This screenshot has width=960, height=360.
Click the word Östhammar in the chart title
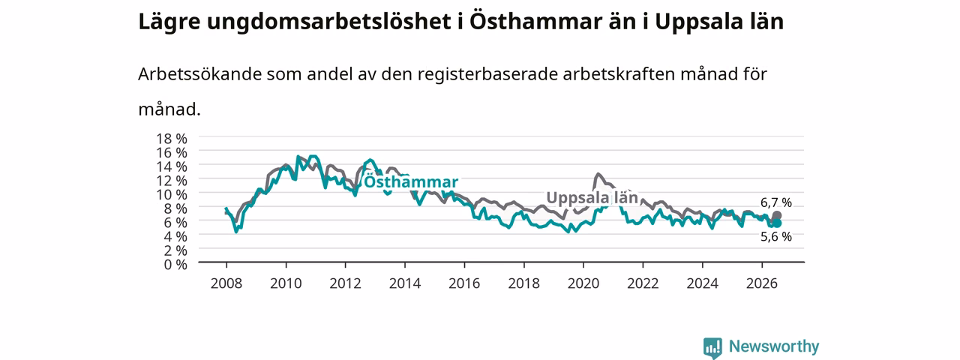[x=535, y=22]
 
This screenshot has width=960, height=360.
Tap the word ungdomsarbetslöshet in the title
[x=329, y=22]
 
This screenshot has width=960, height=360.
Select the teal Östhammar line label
[x=411, y=181]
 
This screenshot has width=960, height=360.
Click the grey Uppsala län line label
[x=592, y=197]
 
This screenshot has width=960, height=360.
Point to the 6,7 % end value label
[x=776, y=202]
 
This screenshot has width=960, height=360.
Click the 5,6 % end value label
[x=776, y=236]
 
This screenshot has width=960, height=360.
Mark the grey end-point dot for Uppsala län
[x=776, y=215]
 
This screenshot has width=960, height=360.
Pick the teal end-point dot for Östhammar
[x=776, y=223]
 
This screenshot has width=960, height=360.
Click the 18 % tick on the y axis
[x=172, y=139]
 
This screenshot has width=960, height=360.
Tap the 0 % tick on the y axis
[x=175, y=265]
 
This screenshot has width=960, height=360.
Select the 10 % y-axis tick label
[x=172, y=194]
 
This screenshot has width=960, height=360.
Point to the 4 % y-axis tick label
[x=175, y=236]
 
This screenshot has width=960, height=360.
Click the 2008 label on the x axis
[x=226, y=283]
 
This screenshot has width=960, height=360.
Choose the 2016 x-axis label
[x=464, y=283]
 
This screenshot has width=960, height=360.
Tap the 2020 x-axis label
[x=583, y=283]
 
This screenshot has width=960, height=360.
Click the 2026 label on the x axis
[x=761, y=283]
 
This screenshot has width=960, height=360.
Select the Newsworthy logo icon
[x=712, y=347]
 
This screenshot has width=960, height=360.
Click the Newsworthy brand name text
[x=774, y=346]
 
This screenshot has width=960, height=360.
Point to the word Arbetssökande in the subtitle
[x=199, y=74]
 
